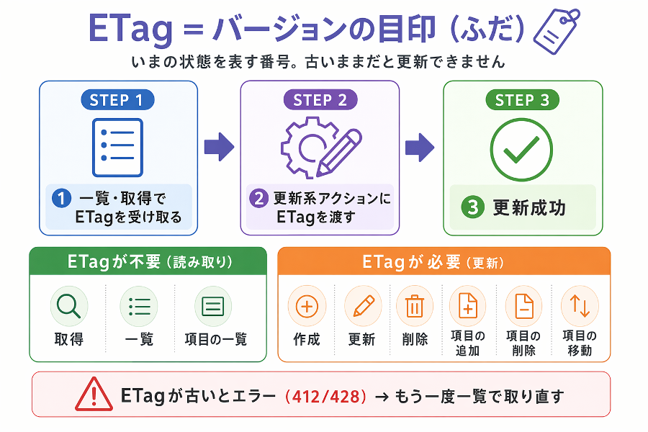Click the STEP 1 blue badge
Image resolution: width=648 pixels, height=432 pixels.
click(x=117, y=100)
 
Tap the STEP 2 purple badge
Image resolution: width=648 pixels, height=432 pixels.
click(x=320, y=100)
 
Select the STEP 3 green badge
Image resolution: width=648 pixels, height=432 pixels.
click(x=522, y=100)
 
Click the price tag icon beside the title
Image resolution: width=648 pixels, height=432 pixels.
click(x=557, y=32)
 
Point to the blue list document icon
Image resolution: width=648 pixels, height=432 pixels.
click(x=117, y=148)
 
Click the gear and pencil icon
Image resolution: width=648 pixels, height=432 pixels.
click(x=320, y=148)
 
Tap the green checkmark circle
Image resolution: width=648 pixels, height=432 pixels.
click(x=521, y=150)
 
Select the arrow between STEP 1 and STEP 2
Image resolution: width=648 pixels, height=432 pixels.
click(x=219, y=147)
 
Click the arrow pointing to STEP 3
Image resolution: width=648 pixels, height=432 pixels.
click(x=420, y=147)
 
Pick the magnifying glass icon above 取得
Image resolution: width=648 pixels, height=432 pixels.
click(x=68, y=306)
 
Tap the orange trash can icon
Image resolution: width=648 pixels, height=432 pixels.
click(x=415, y=306)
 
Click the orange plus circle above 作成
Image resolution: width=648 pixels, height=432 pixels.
click(x=307, y=306)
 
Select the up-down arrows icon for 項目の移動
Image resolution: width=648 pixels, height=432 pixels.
click(x=580, y=306)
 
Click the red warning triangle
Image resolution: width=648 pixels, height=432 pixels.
click(x=94, y=394)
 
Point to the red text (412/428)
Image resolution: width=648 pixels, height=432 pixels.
click(x=325, y=397)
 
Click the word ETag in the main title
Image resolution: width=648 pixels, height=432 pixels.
click(x=130, y=29)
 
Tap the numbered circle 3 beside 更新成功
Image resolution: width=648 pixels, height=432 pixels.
click(x=473, y=207)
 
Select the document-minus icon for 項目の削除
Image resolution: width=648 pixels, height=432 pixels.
click(x=524, y=306)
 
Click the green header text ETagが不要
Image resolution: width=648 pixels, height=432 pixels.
click(x=114, y=261)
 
